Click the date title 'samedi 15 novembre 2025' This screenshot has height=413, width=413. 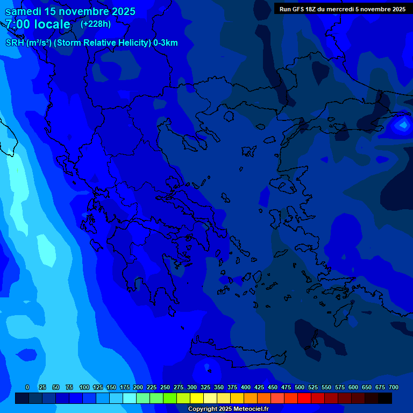70,11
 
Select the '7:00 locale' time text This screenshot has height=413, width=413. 38,24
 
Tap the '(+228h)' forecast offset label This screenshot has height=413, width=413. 95,24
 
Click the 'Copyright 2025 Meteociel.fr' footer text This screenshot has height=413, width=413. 228,409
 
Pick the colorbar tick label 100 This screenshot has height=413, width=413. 84,387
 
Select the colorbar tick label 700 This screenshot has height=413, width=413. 393,387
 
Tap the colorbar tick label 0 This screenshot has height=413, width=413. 27,387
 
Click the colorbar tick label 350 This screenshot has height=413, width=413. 219,387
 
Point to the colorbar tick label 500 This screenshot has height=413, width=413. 300,387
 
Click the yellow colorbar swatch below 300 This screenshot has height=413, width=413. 197,398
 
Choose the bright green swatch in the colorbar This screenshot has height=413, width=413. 170,398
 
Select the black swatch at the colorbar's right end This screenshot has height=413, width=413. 385,398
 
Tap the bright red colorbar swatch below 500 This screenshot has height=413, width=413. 304,398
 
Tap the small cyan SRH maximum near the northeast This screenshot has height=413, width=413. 402,125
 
